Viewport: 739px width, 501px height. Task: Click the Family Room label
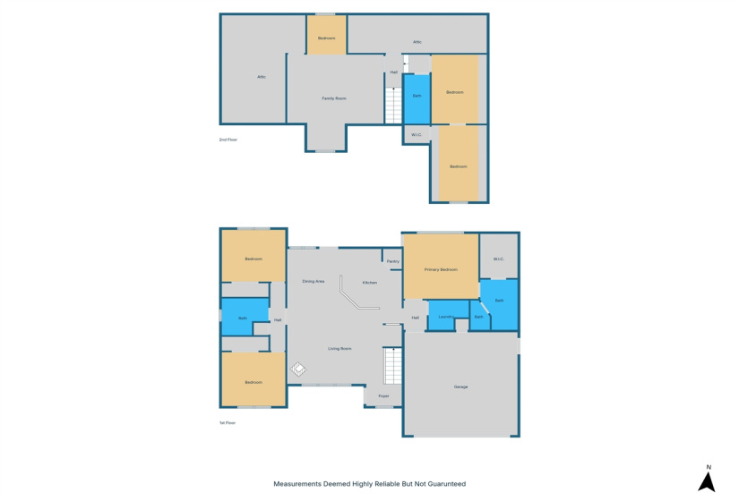[334, 98]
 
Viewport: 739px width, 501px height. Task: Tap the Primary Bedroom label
[441, 269]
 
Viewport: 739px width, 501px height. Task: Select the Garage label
[461, 386]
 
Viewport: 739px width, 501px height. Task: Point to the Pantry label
[392, 261]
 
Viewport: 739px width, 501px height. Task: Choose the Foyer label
[383, 395]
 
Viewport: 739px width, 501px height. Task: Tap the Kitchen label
[369, 283]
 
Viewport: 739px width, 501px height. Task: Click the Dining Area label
[313, 282]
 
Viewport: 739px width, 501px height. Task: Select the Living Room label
[339, 348]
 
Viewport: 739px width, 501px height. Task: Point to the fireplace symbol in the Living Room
[297, 369]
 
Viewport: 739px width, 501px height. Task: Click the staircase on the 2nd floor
[393, 106]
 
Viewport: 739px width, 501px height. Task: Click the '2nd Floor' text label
[228, 140]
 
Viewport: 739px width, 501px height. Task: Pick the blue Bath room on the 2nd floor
[417, 96]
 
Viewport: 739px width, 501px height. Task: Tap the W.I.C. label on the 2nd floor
[417, 135]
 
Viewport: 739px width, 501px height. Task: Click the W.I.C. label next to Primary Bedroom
[498, 259]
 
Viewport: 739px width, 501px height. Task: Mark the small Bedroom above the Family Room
[327, 38]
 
